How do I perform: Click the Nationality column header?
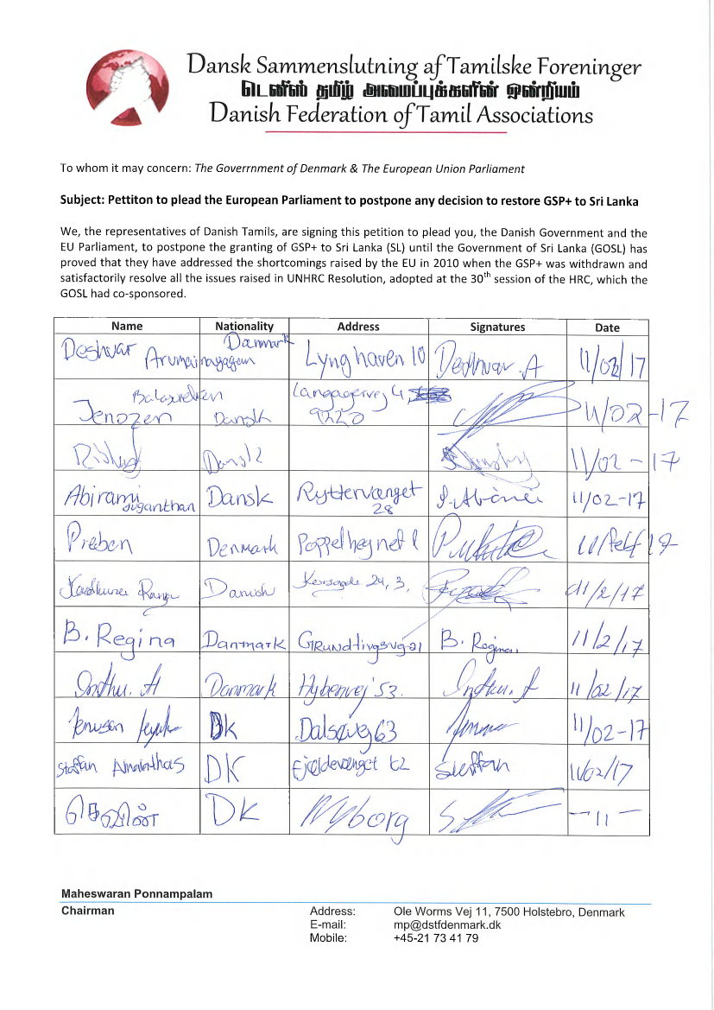pyautogui.click(x=244, y=327)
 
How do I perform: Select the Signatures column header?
pyautogui.click(x=497, y=327)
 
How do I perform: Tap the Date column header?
pyautogui.click(x=607, y=327)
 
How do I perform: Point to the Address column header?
pyautogui.click(x=358, y=327)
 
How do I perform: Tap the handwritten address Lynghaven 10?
pyautogui.click(x=356, y=355)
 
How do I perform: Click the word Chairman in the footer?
pyautogui.click(x=87, y=910)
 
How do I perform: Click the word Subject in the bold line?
pyautogui.click(x=80, y=200)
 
